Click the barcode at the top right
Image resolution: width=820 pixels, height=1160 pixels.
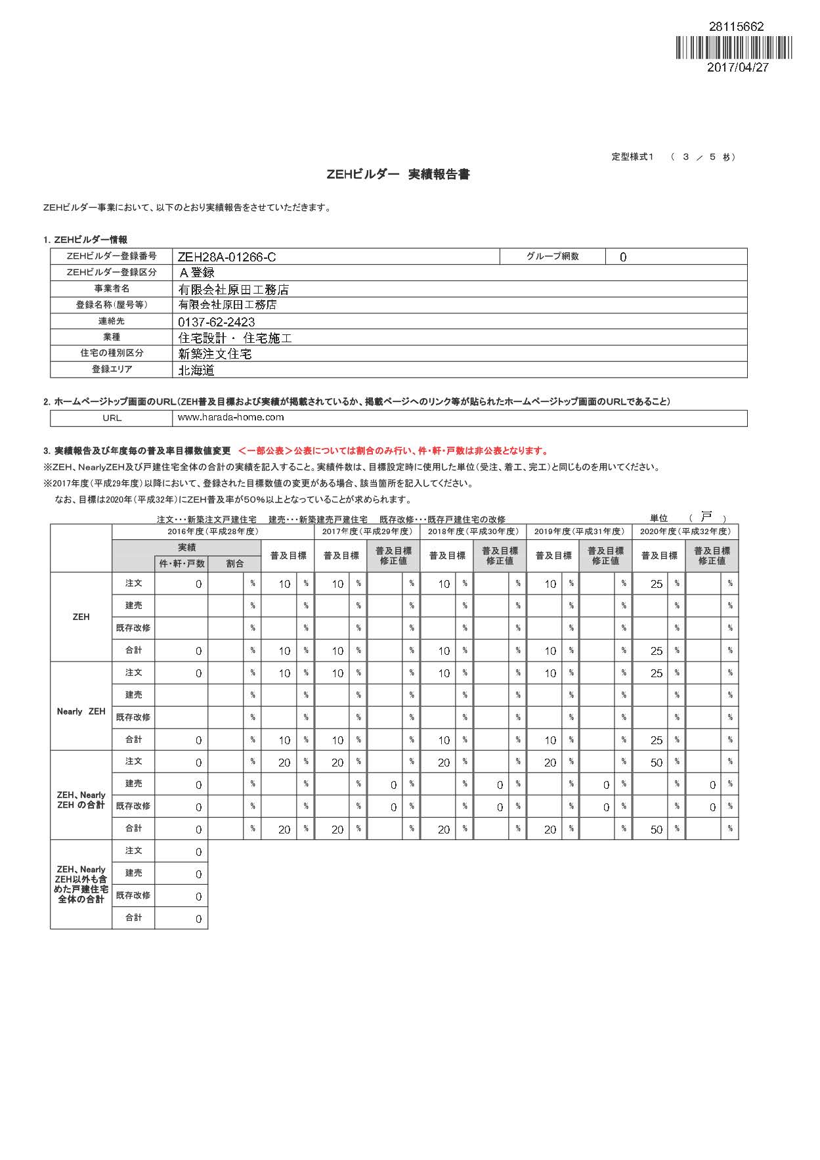733,47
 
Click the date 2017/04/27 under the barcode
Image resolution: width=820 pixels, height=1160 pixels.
737,67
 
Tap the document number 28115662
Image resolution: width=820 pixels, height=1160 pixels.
736,27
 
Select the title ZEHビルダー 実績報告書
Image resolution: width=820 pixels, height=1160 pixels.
398,175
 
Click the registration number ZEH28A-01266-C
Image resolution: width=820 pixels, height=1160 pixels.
227,257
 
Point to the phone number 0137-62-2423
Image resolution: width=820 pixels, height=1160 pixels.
217,322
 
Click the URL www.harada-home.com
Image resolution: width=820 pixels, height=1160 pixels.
230,417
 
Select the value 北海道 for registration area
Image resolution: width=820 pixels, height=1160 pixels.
197,370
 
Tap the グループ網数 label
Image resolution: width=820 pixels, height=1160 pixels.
552,256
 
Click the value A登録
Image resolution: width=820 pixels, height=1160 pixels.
197,273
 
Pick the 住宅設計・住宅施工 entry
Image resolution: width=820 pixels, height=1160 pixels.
235,338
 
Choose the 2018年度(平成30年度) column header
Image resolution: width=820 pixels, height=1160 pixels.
473,531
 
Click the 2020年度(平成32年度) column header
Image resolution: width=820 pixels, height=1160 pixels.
685,531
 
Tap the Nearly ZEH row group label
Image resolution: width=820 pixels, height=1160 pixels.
81,711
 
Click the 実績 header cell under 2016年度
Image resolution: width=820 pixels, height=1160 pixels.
186,548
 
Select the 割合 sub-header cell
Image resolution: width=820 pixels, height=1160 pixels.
234,564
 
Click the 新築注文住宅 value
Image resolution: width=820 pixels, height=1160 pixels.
215,354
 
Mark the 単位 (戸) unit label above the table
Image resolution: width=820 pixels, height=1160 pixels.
688,518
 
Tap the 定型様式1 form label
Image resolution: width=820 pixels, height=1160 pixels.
632,156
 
